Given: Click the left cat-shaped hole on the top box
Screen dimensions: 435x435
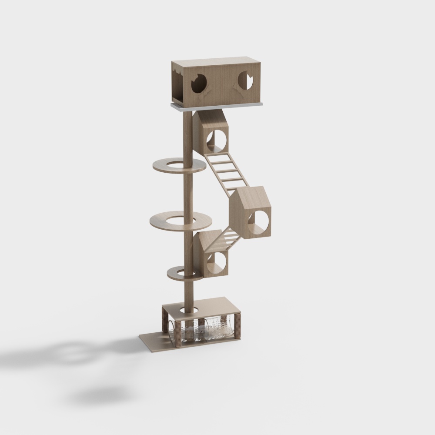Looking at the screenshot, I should [199, 84].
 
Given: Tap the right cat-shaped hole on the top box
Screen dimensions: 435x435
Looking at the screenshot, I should [246, 81].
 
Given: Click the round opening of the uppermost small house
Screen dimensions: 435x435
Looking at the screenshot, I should [217, 139].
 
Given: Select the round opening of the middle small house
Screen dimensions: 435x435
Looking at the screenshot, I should [259, 220].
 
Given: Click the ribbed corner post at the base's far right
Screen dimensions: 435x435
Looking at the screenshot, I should [238, 326].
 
